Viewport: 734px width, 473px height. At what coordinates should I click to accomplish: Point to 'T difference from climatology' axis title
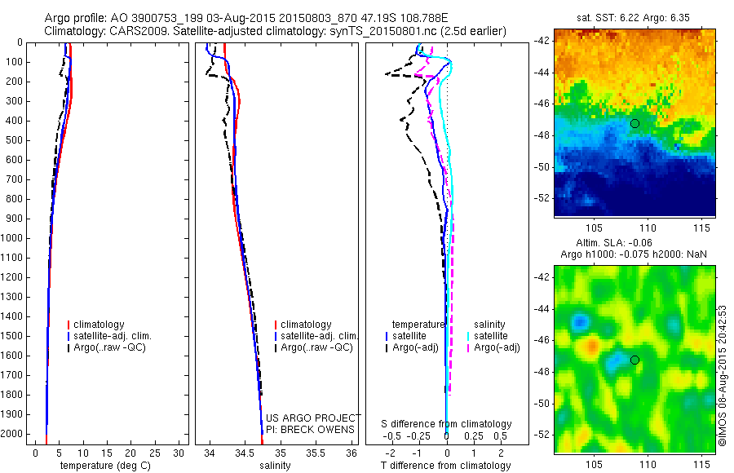(x=445, y=466)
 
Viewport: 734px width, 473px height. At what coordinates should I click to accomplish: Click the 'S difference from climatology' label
(x=446, y=424)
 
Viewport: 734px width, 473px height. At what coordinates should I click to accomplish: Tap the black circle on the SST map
(x=635, y=123)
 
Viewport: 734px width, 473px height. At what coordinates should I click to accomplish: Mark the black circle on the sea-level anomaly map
(x=635, y=360)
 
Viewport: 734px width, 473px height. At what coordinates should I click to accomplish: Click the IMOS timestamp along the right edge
(x=723, y=375)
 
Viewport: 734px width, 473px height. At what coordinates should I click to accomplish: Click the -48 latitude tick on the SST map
(x=542, y=135)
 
